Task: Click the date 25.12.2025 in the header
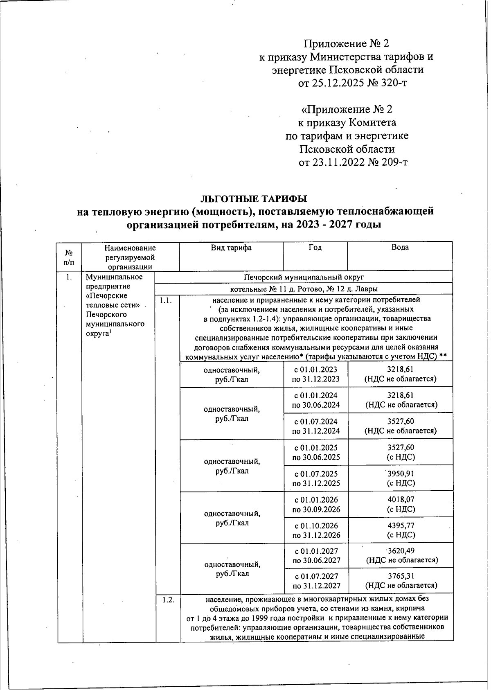tap(337, 83)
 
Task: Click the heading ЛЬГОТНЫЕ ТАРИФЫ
tap(253, 199)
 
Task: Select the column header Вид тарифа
tap(231, 248)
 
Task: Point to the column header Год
tap(315, 248)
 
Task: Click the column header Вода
tap(400, 248)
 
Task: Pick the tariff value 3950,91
tap(401, 474)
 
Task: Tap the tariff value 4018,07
tap(401, 500)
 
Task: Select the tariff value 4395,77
tap(401, 525)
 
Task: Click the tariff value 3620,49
tap(401, 551)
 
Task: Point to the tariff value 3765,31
tap(401, 576)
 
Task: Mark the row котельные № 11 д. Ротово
tap(304, 289)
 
